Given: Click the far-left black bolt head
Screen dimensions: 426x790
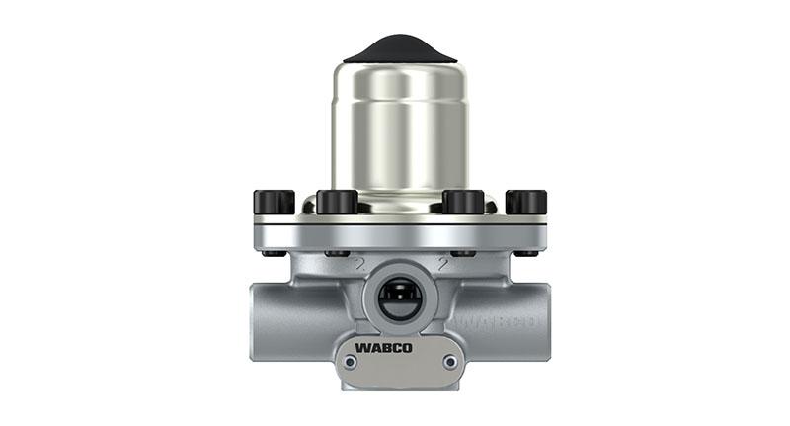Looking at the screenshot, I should coord(274,202).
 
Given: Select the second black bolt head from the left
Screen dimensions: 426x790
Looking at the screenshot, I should coord(337,202).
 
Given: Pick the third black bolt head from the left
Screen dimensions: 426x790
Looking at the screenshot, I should coord(464,202).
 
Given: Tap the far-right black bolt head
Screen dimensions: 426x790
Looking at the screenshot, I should coord(525,202).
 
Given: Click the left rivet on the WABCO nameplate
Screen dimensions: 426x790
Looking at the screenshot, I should coord(348,362).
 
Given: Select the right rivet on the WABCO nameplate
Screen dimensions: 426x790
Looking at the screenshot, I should coord(450,362).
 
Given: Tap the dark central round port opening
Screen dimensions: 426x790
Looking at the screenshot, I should coord(399,298).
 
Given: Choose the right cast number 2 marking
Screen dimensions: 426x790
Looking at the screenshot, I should coord(443,266).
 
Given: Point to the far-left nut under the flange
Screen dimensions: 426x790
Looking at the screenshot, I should coord(275,254).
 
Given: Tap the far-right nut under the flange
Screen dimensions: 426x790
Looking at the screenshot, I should coord(525,254).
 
